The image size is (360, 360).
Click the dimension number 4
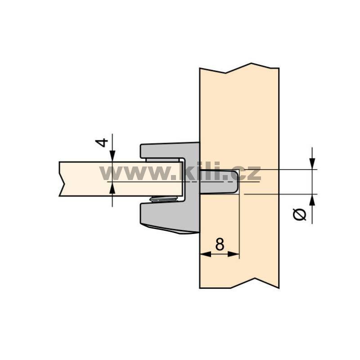[x=102, y=142]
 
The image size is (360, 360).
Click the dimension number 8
[x=220, y=244]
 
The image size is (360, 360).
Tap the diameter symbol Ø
[x=300, y=215]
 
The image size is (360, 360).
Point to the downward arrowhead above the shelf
[x=112, y=156]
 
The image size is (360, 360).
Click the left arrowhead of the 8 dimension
[x=206, y=254]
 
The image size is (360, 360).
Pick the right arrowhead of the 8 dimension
[x=234, y=254]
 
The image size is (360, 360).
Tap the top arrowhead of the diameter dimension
[x=312, y=164]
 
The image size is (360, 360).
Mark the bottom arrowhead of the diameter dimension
[x=312, y=200]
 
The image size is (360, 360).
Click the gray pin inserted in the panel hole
[x=218, y=182]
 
